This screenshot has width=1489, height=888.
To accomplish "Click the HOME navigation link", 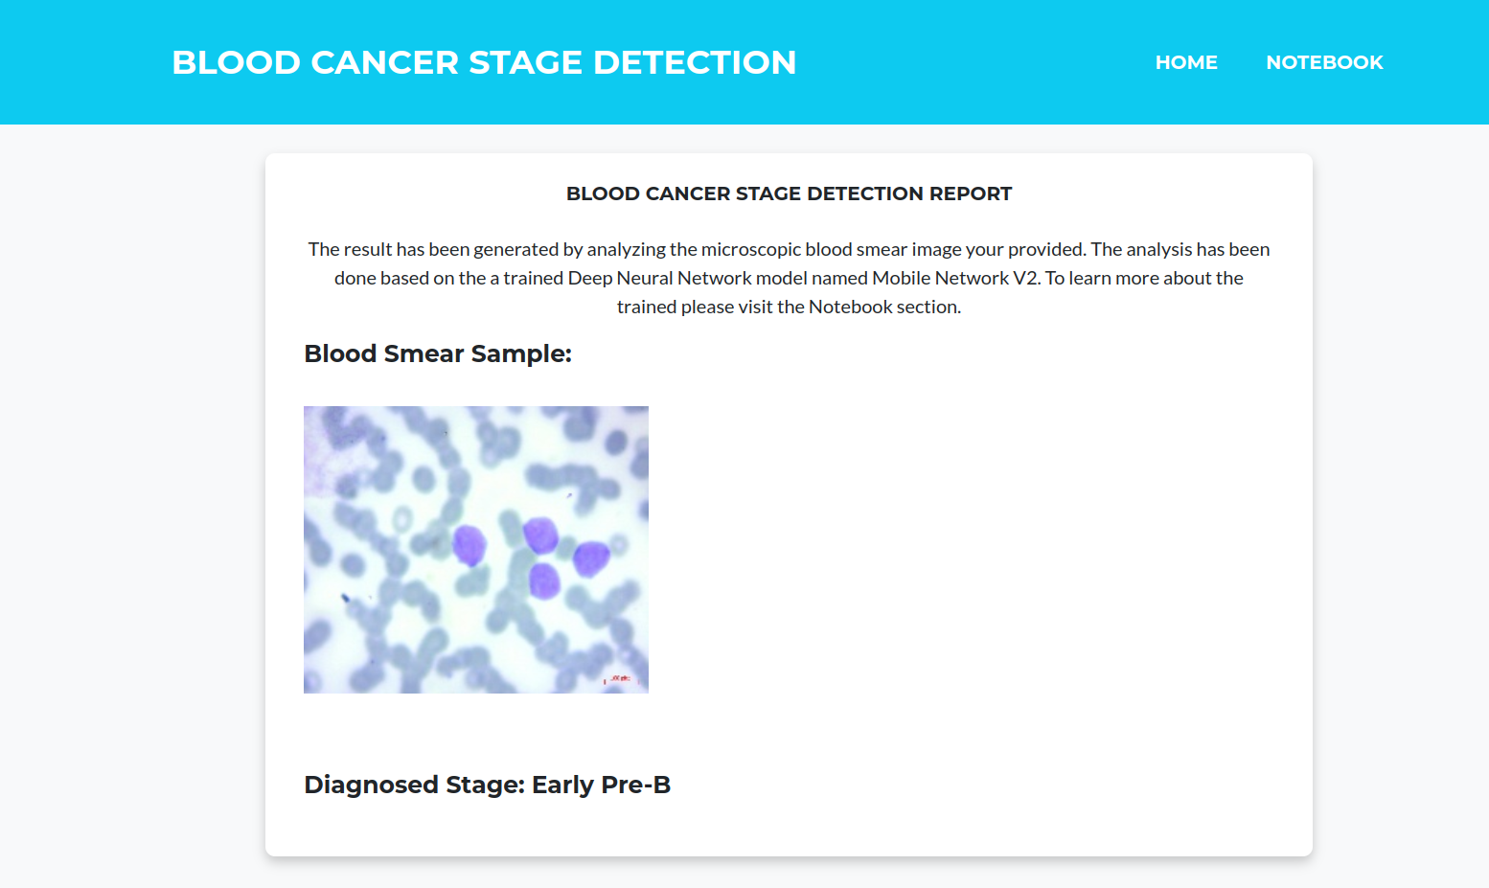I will tap(1186, 62).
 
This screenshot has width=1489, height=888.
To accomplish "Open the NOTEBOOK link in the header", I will tap(1324, 62).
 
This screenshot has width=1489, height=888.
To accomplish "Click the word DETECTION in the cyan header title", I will tap(695, 62).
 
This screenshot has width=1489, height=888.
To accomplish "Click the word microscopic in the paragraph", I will tap(750, 249).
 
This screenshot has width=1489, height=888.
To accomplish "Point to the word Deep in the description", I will tap(590, 278).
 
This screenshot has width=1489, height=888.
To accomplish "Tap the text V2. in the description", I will tap(1026, 278).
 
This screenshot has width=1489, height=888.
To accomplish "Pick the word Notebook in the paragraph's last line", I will tap(851, 307).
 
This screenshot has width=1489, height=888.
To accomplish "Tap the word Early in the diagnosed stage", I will tap(562, 785).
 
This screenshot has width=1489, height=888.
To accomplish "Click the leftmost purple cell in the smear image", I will tap(470, 545).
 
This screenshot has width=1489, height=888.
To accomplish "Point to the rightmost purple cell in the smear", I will tap(591, 558).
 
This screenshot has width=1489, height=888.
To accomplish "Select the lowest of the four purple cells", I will tap(544, 581).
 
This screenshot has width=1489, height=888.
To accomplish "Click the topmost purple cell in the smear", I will tap(540, 535).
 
